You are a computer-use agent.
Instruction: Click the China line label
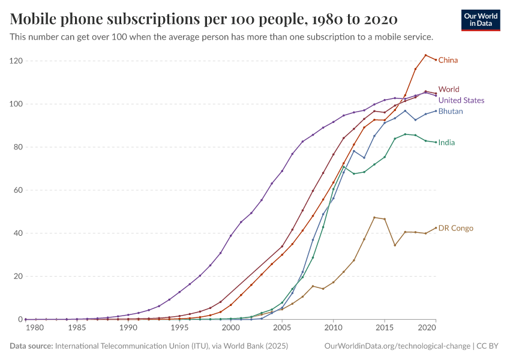pyautogui.click(x=448, y=60)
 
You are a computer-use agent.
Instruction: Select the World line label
pyautogui.click(x=449, y=89)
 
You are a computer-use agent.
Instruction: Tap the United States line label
pyautogui.click(x=461, y=100)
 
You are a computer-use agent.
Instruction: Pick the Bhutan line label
pyautogui.click(x=451, y=111)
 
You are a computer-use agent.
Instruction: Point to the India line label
pyautogui.click(x=446, y=143)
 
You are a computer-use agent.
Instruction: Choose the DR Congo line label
pyautogui.click(x=455, y=228)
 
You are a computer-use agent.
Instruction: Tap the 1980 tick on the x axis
pyautogui.click(x=35, y=328)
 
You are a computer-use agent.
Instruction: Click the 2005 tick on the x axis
pyautogui.click(x=282, y=328)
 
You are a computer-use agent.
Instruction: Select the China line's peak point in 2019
pyautogui.click(x=425, y=55)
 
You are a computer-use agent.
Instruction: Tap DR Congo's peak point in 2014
pyautogui.click(x=374, y=217)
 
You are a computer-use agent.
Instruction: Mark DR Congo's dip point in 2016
pyautogui.click(x=395, y=245)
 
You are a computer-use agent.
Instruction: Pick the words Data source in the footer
pyautogui.click(x=31, y=346)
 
